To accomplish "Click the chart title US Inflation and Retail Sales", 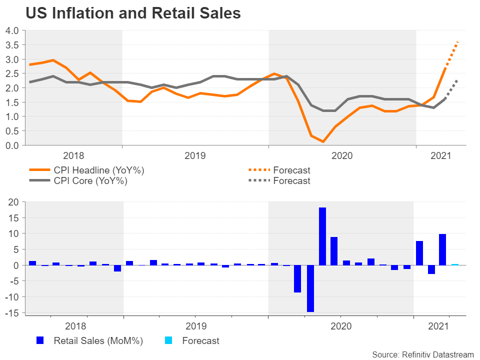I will (133, 13).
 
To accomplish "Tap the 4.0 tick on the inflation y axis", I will (12, 30).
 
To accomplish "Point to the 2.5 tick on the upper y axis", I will (12, 73).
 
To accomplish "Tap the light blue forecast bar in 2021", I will (455, 264).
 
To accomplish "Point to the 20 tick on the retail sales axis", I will (14, 202).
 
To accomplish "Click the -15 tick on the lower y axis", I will (12, 312).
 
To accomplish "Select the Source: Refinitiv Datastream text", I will (422, 354).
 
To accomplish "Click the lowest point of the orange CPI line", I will (323, 142).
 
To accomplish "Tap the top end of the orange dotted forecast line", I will (458, 42).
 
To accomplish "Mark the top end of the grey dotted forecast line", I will (458, 79).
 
